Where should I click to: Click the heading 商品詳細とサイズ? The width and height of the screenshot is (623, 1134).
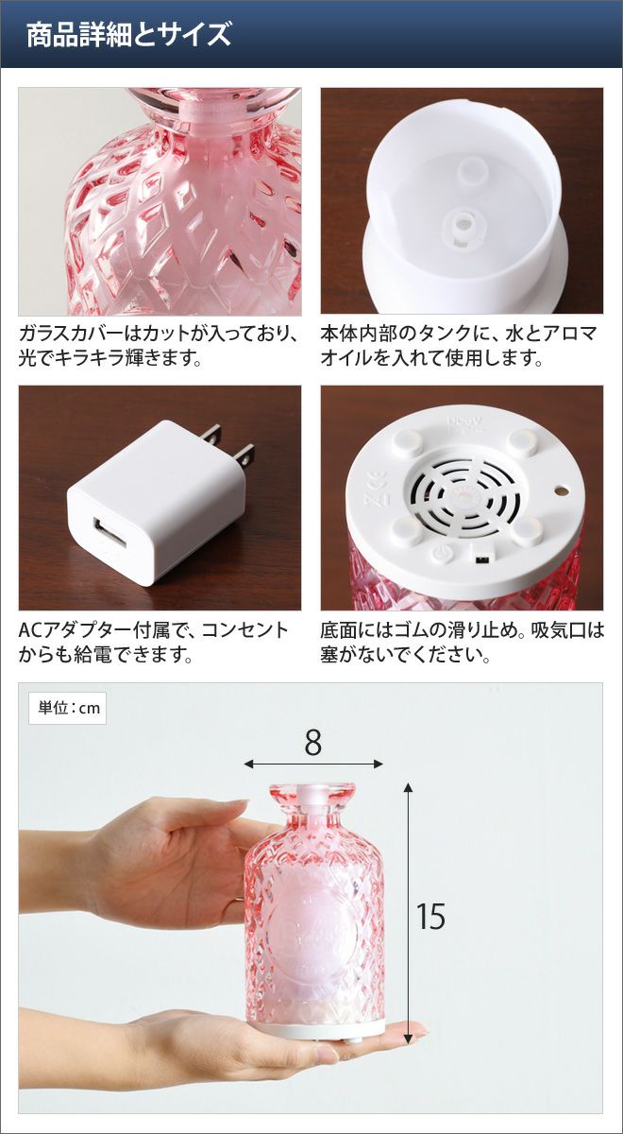tap(128, 35)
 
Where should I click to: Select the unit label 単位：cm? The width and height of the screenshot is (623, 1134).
tap(68, 708)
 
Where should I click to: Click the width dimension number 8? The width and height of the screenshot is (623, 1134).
tap(313, 743)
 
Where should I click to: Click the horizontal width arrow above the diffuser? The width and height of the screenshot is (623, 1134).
tap(313, 764)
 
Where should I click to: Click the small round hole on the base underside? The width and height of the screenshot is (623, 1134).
tap(560, 490)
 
